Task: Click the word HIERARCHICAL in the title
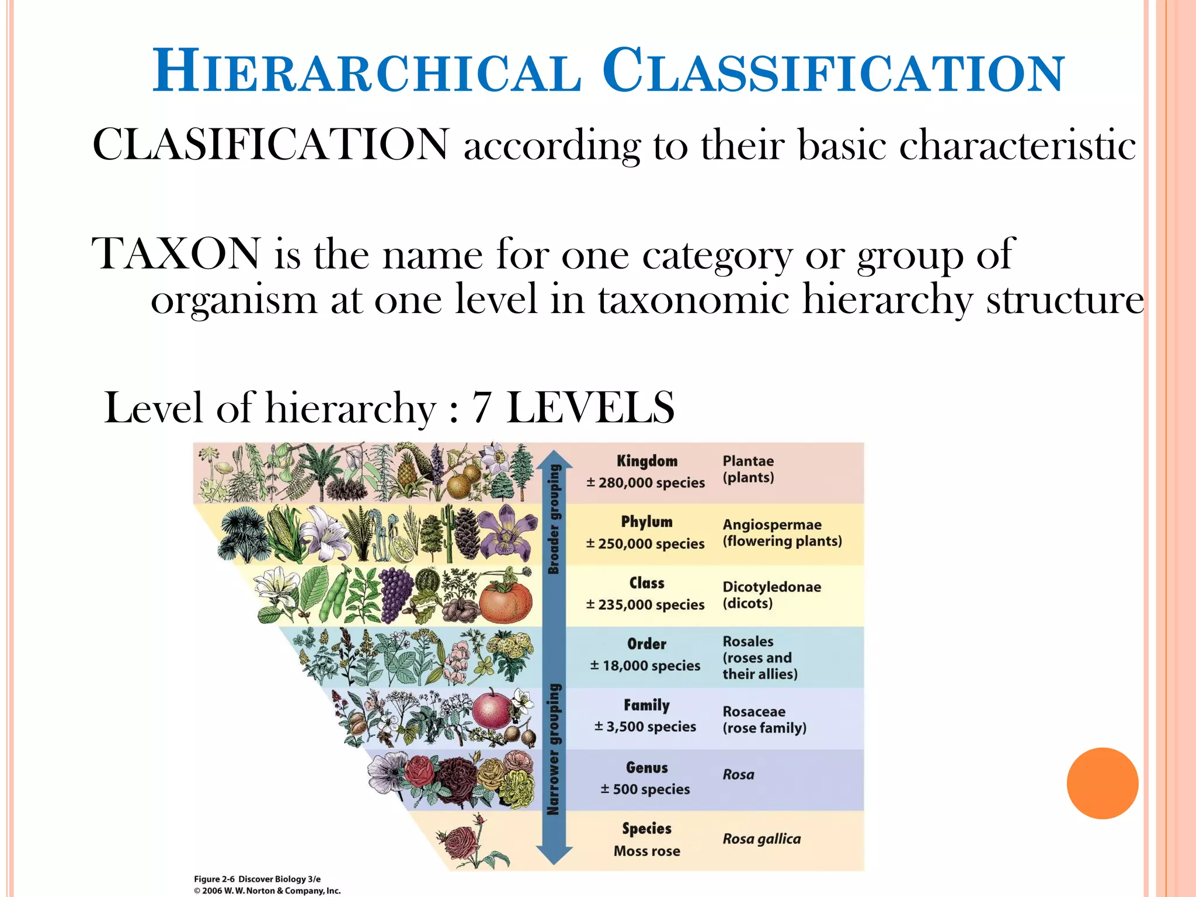(367, 72)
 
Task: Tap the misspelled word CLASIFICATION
(271, 144)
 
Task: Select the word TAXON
(176, 254)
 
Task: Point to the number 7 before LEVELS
(481, 408)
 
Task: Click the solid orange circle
(1102, 783)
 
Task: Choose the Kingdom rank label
(646, 461)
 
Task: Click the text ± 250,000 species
(645, 544)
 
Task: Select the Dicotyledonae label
(771, 587)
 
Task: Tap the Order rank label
(646, 644)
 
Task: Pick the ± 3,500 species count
(645, 727)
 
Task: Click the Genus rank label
(646, 768)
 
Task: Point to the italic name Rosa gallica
(762, 839)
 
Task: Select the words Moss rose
(646, 851)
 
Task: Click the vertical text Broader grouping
(554, 519)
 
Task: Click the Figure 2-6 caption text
(258, 879)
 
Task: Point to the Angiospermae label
(771, 525)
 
